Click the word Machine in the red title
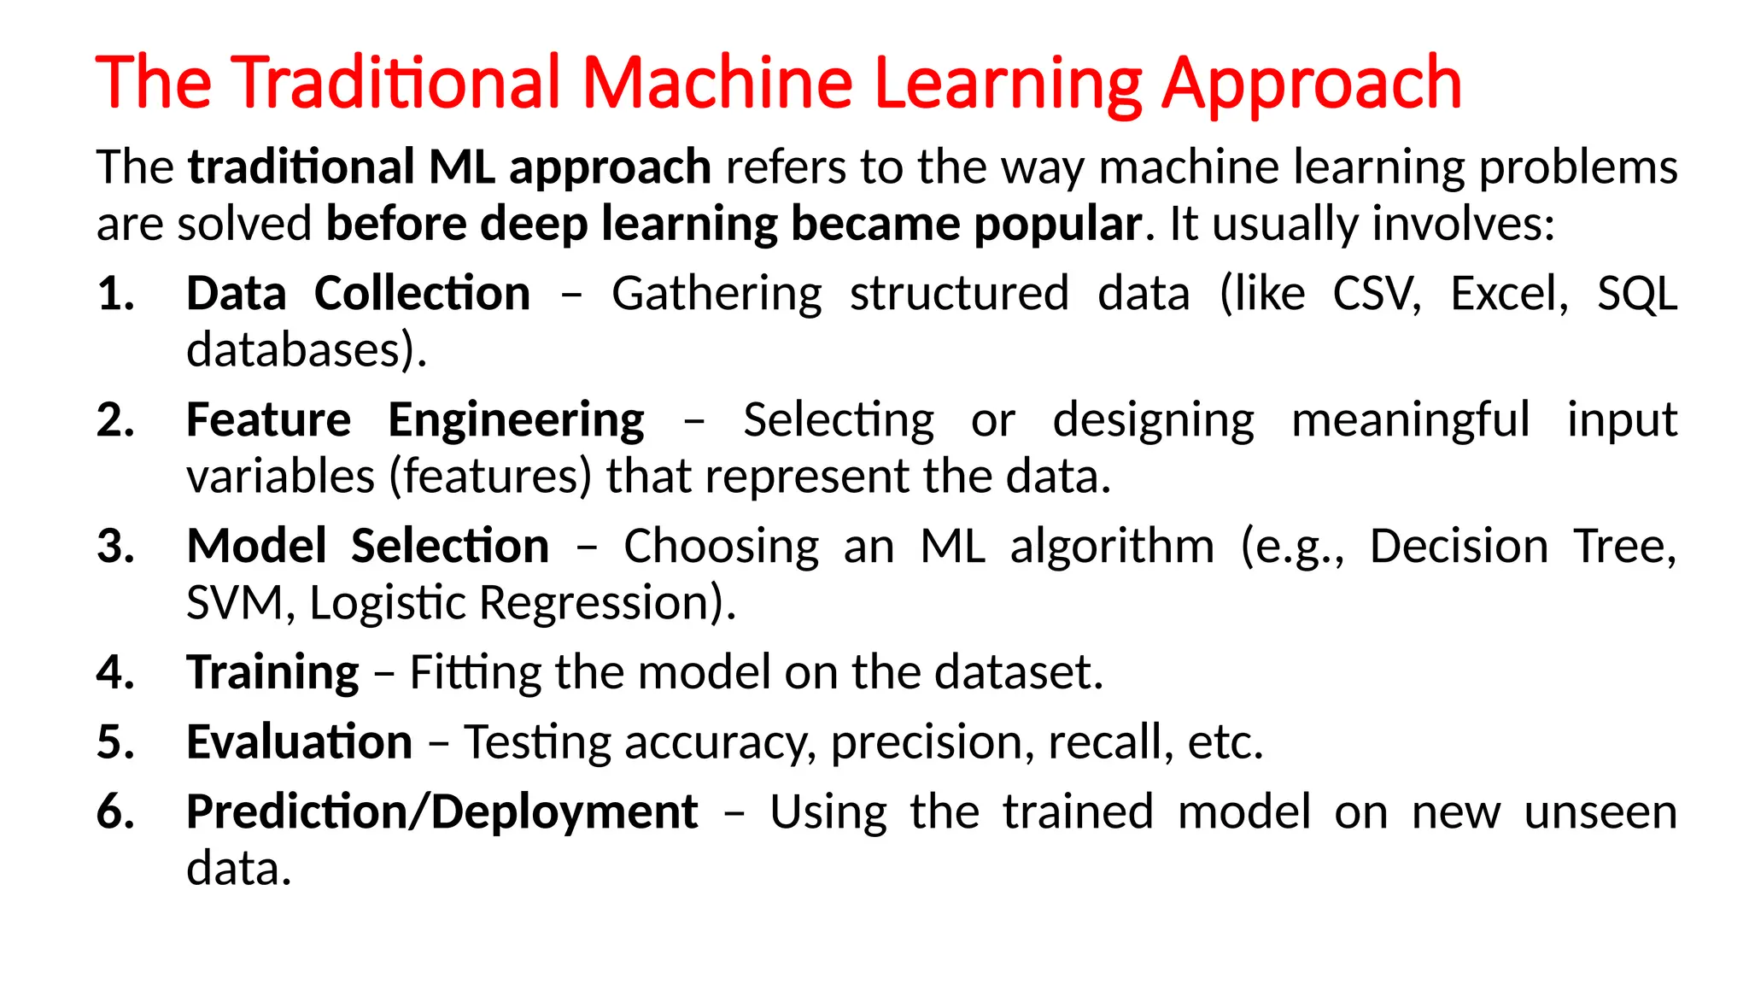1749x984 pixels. tap(717, 83)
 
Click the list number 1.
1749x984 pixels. tap(115, 295)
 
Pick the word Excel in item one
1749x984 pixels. tap(1509, 295)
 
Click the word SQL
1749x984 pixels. tap(1637, 295)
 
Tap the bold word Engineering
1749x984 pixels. tap(516, 421)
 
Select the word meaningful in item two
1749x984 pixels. tap(1410, 421)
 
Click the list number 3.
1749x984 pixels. tap(115, 547)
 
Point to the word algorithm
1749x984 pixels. tap(1112, 547)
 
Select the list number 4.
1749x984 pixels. tap(115, 673)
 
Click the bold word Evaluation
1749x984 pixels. tap(299, 742)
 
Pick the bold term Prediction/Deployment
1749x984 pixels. tap(442, 812)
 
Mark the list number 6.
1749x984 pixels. tap(115, 812)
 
